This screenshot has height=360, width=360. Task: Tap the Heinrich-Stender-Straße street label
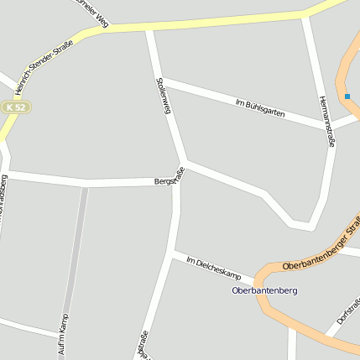[x=46, y=65]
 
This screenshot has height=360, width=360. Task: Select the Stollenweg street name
[x=164, y=96]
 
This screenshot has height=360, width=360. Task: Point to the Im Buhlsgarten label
[x=260, y=107]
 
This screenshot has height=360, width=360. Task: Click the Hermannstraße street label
[x=326, y=122]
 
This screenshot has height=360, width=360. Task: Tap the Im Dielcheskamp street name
[x=213, y=269]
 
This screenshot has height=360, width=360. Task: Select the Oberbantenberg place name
[x=264, y=290]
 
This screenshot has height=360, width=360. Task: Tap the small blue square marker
[x=347, y=97]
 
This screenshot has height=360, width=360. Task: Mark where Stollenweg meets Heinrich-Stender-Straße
[x=149, y=29]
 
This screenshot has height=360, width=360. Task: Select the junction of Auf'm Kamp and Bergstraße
[x=85, y=183]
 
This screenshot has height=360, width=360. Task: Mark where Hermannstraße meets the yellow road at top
[x=305, y=14]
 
